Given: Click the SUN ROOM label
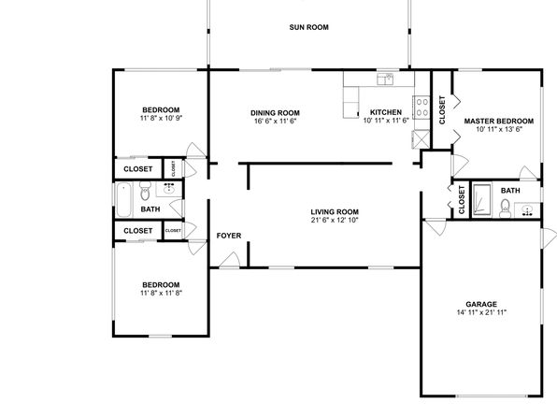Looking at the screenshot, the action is [308, 27].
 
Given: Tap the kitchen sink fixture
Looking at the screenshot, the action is [385, 79].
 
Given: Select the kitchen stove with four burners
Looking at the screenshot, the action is [421, 108].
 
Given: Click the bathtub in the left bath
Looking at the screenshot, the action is [123, 199].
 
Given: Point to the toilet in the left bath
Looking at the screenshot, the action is [145, 191].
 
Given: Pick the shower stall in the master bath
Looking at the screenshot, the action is [482, 199].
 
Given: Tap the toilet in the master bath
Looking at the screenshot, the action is [505, 208].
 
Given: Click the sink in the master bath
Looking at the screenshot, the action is [527, 210].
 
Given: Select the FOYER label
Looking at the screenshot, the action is [229, 236].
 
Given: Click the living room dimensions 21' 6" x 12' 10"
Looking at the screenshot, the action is [335, 220].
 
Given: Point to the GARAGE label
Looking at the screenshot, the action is [481, 304].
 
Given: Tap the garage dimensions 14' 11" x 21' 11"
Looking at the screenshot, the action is [481, 312].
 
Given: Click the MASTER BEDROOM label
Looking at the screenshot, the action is [499, 122].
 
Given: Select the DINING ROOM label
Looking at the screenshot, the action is [275, 113].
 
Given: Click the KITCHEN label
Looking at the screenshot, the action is [386, 112].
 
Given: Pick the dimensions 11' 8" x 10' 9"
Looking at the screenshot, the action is [161, 118].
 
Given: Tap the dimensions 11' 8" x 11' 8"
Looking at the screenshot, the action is [161, 293].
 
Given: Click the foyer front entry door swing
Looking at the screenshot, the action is [230, 260].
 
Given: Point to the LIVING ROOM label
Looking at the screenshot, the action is [335, 212].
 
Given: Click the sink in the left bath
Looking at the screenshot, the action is [169, 189].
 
